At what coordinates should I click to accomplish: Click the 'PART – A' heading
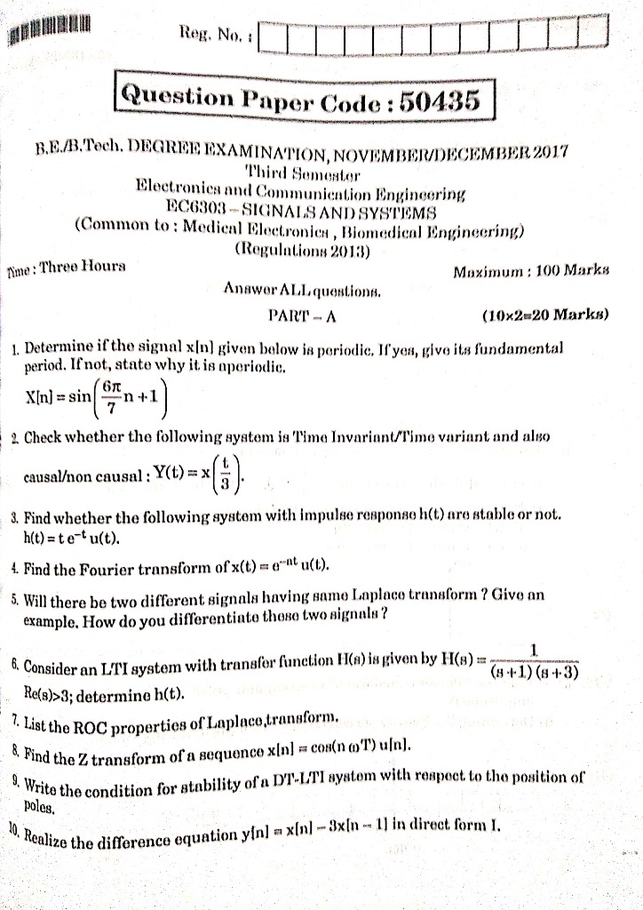301,315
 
